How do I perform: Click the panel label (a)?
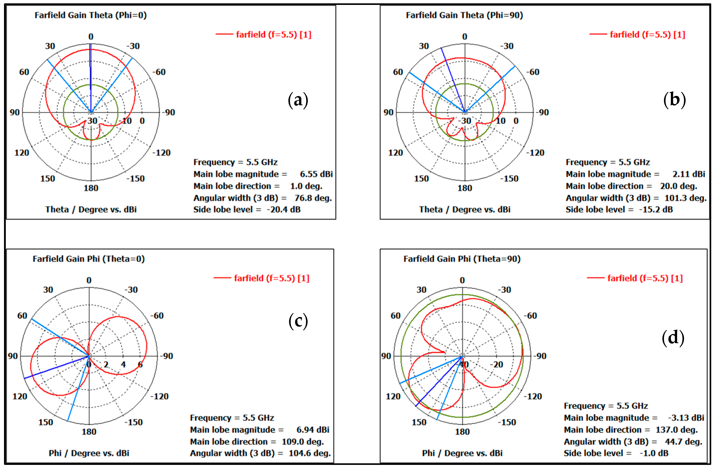coord(298,100)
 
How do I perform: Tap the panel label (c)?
coord(298,321)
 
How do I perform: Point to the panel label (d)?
coord(673,338)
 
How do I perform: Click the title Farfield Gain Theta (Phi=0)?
coord(90,15)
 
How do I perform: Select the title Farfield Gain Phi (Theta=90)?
coord(462,259)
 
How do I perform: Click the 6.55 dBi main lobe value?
coord(316,174)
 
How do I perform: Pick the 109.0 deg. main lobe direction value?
coord(302,441)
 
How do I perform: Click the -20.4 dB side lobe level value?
coord(284,210)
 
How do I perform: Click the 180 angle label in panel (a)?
coord(91,188)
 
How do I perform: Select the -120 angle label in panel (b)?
coord(535,153)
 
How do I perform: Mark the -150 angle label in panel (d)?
coord(507,422)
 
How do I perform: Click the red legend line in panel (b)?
coord(598,35)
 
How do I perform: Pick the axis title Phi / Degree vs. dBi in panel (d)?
coord(462,453)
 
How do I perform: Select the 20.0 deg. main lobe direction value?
coord(678,186)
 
